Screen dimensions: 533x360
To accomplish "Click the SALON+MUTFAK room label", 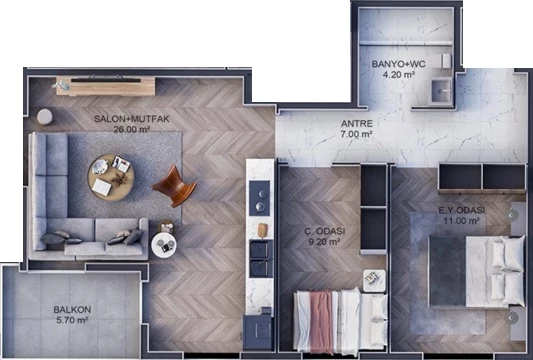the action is coord(132,119).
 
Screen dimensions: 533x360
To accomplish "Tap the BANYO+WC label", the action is coord(398,64).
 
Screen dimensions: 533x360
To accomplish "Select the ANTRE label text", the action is coord(357,124).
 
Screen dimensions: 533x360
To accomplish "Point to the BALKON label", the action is coord(72,310).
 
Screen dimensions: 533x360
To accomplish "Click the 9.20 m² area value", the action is coord(324,242).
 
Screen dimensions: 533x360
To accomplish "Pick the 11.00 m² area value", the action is coord(461,221).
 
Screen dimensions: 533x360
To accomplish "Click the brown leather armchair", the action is coord(174,186).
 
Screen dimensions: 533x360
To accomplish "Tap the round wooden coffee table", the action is coord(111,177).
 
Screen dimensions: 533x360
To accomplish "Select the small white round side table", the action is coord(164,245).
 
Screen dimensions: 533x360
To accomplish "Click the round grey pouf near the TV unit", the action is coord(45,117).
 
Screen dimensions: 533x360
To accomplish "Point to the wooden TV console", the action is coord(106,86).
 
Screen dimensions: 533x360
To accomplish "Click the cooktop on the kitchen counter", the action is coord(259,198).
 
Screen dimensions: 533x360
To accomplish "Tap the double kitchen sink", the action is coord(261,258).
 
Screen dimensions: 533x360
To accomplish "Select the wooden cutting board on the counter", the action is coord(262,230).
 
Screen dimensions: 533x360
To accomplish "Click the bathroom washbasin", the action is coord(442,91).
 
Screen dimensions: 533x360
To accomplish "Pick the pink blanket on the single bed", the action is coord(321,322).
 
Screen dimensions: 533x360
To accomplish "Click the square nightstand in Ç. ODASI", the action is coord(374,281).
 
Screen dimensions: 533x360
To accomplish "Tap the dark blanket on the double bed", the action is coord(447,271).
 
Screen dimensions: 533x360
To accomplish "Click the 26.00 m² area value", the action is coord(132,130).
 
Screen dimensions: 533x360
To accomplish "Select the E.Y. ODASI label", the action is coord(462,210).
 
